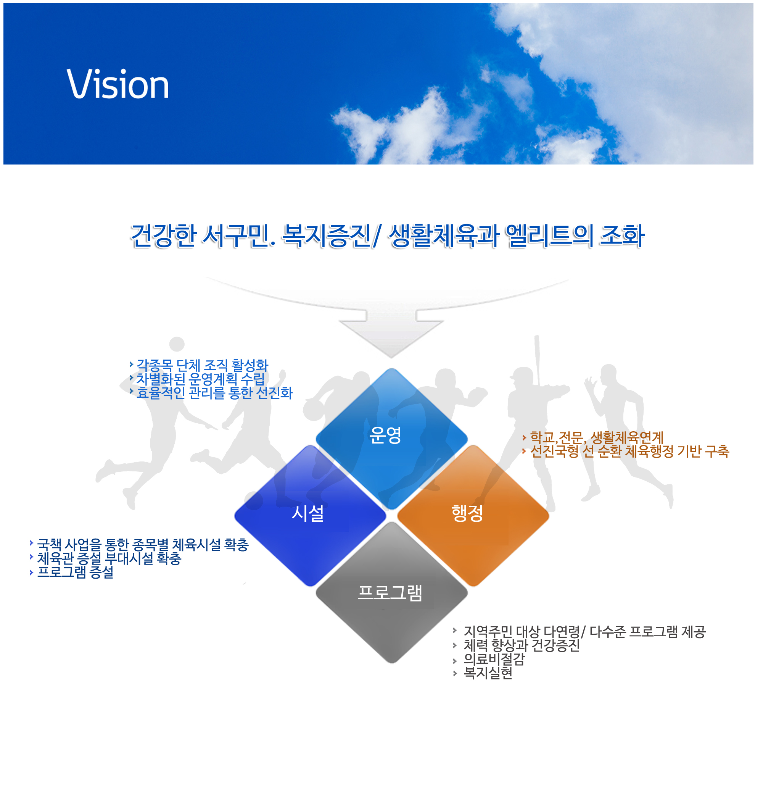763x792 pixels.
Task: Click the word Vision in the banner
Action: (x=118, y=84)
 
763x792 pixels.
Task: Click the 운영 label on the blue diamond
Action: (x=386, y=436)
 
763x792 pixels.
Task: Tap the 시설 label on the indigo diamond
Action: (x=308, y=514)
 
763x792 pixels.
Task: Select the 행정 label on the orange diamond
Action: (x=468, y=514)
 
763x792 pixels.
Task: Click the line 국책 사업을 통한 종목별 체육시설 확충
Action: (x=143, y=545)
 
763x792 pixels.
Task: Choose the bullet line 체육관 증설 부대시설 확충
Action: (x=109, y=559)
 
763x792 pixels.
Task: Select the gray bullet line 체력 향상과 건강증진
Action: (x=522, y=646)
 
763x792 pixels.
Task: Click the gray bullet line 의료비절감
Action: (x=494, y=660)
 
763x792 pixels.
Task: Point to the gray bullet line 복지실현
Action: (x=488, y=673)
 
